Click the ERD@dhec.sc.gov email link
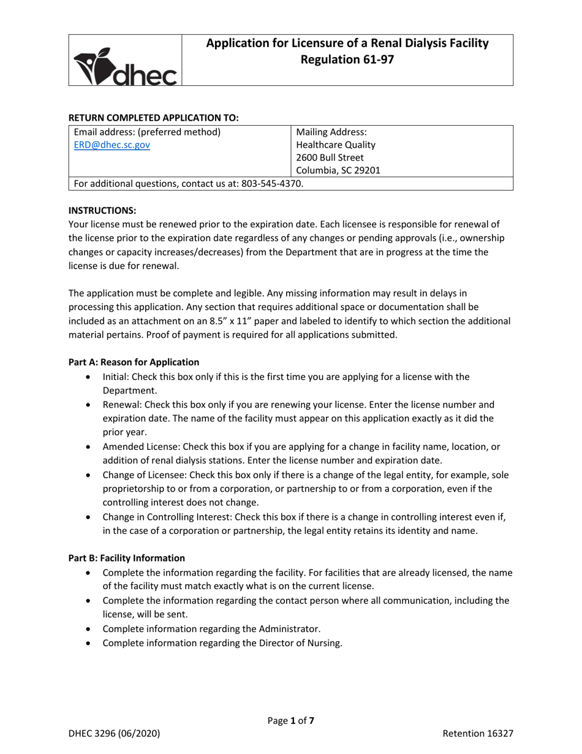coord(111,145)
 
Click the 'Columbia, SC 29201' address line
coord(338,170)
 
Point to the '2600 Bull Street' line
coord(330,158)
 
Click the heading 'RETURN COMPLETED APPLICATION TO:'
coord(153,117)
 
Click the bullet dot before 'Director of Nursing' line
coord(91,644)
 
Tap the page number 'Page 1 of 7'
coord(290,721)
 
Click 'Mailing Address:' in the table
coord(331,132)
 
